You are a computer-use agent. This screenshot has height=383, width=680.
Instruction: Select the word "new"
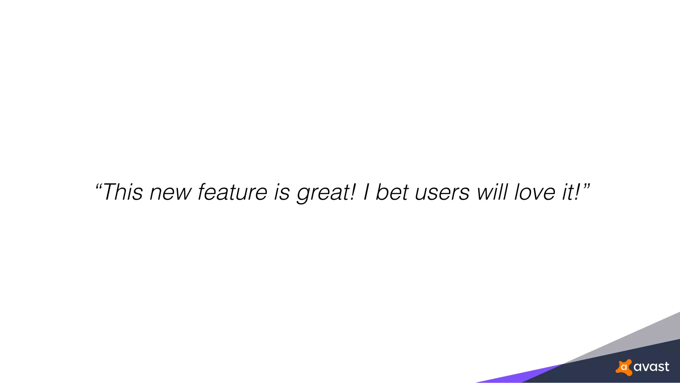(x=171, y=193)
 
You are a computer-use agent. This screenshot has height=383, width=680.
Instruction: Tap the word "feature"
(x=232, y=192)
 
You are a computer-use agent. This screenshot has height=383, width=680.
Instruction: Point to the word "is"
(x=282, y=192)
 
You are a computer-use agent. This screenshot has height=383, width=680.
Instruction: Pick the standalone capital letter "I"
(x=366, y=192)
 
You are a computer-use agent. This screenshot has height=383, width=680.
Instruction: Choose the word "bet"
(x=392, y=192)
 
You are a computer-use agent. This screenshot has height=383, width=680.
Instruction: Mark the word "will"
(x=492, y=192)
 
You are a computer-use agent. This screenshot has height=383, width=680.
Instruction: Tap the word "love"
(x=535, y=192)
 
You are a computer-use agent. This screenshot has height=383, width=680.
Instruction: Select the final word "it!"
(x=571, y=192)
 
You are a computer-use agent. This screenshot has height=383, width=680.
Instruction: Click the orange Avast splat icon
(x=624, y=367)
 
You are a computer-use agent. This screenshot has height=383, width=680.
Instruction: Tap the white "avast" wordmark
(x=651, y=367)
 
